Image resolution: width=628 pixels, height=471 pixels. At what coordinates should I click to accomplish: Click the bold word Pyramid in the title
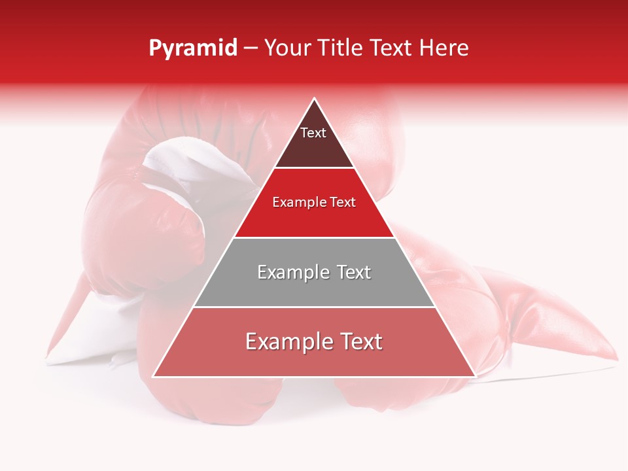(x=193, y=48)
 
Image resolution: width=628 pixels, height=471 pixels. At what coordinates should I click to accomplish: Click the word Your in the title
(x=286, y=48)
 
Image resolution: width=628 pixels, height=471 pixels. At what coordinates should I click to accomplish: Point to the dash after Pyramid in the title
(x=251, y=48)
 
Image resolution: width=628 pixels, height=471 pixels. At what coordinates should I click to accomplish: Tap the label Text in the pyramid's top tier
(x=313, y=133)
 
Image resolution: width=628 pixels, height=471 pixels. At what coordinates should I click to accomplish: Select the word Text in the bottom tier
(x=356, y=341)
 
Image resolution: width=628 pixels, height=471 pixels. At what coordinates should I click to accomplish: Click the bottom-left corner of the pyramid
(x=153, y=377)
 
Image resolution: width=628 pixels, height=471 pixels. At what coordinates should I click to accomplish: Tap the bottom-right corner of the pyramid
(x=476, y=377)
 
